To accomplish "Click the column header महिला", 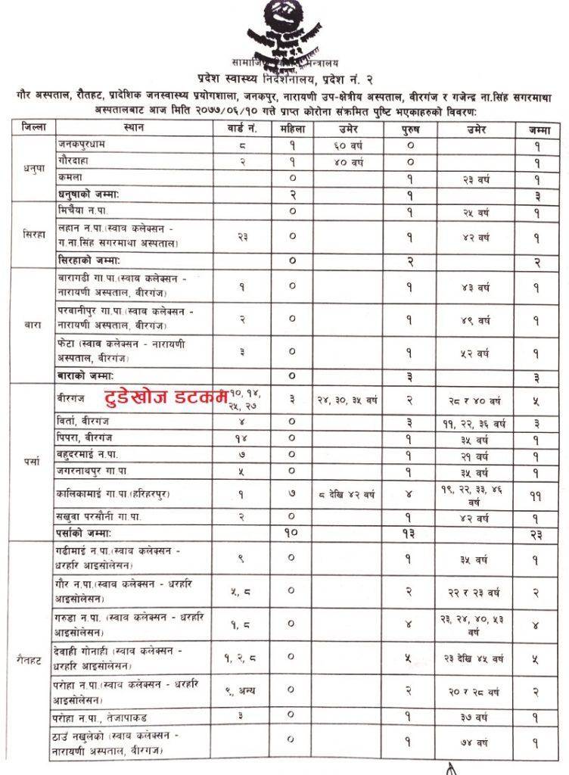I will coord(291,128).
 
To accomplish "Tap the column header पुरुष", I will coord(409,128).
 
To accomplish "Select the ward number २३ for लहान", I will coord(243,237).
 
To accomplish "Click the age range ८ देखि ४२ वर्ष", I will coord(348,495).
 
